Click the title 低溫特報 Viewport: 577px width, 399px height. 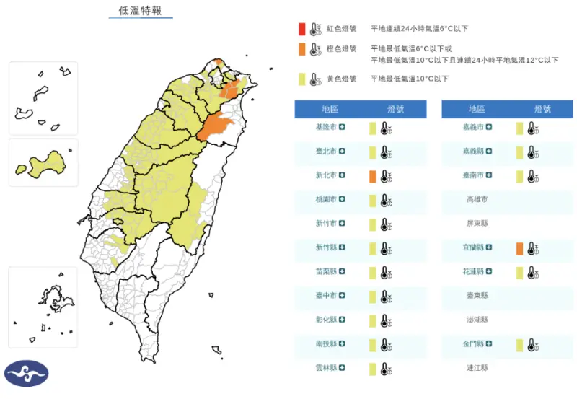pos(140,10)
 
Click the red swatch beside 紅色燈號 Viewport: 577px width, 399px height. pos(302,29)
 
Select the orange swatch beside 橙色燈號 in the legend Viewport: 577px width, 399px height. pos(302,49)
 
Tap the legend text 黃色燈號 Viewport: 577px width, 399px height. pos(341,79)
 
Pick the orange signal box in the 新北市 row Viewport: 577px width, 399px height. pos(372,176)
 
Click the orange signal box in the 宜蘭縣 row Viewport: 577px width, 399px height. pos(519,249)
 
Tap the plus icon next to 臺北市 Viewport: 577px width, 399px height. pos(342,152)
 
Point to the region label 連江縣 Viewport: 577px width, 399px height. pos(477,368)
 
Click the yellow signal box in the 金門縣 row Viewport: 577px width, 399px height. pos(519,345)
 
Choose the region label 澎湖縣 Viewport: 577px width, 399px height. pos(477,320)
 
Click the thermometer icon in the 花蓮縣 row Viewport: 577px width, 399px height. pos(532,273)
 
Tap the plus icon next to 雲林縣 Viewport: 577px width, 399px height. pos(342,368)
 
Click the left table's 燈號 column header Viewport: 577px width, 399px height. pos(395,109)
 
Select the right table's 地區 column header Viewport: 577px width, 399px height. pos(477,109)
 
